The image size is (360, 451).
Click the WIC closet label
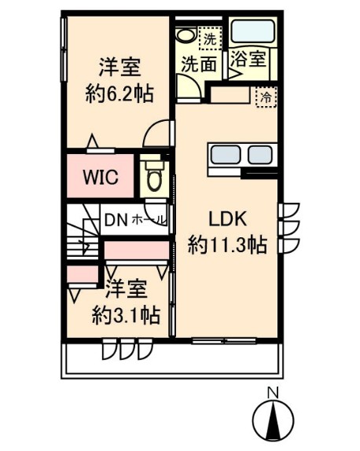[x=101, y=177]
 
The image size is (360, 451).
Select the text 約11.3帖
[x=226, y=245]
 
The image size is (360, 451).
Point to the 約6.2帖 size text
[x=119, y=94]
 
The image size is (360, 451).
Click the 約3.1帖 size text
[x=126, y=316]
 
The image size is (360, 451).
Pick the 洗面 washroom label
[x=198, y=65]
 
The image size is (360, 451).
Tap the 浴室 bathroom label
[x=248, y=59]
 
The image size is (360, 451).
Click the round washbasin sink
[x=186, y=35]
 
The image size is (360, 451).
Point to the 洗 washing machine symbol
[x=210, y=36]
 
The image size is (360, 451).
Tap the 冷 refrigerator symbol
[x=266, y=97]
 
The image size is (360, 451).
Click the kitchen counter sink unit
[x=241, y=156]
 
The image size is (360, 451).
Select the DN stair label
[x=116, y=219]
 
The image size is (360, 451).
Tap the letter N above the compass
[x=271, y=394]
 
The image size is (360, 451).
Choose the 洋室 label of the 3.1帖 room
[x=126, y=289]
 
